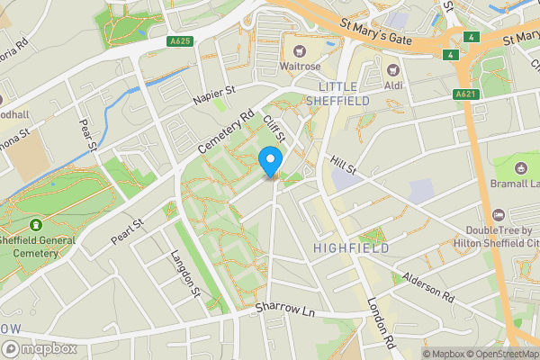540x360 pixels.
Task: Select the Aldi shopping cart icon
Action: pyautogui.click(x=392, y=69)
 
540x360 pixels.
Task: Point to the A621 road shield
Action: pyautogui.click(x=464, y=94)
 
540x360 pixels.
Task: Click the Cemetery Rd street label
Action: pyautogui.click(x=229, y=130)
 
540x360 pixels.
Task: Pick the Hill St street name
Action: pyautogui.click(x=343, y=163)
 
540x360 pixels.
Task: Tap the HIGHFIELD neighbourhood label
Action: pyautogui.click(x=351, y=247)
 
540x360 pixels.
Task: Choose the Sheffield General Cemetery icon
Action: pyautogui.click(x=35, y=225)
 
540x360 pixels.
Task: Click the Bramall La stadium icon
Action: pyautogui.click(x=520, y=167)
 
